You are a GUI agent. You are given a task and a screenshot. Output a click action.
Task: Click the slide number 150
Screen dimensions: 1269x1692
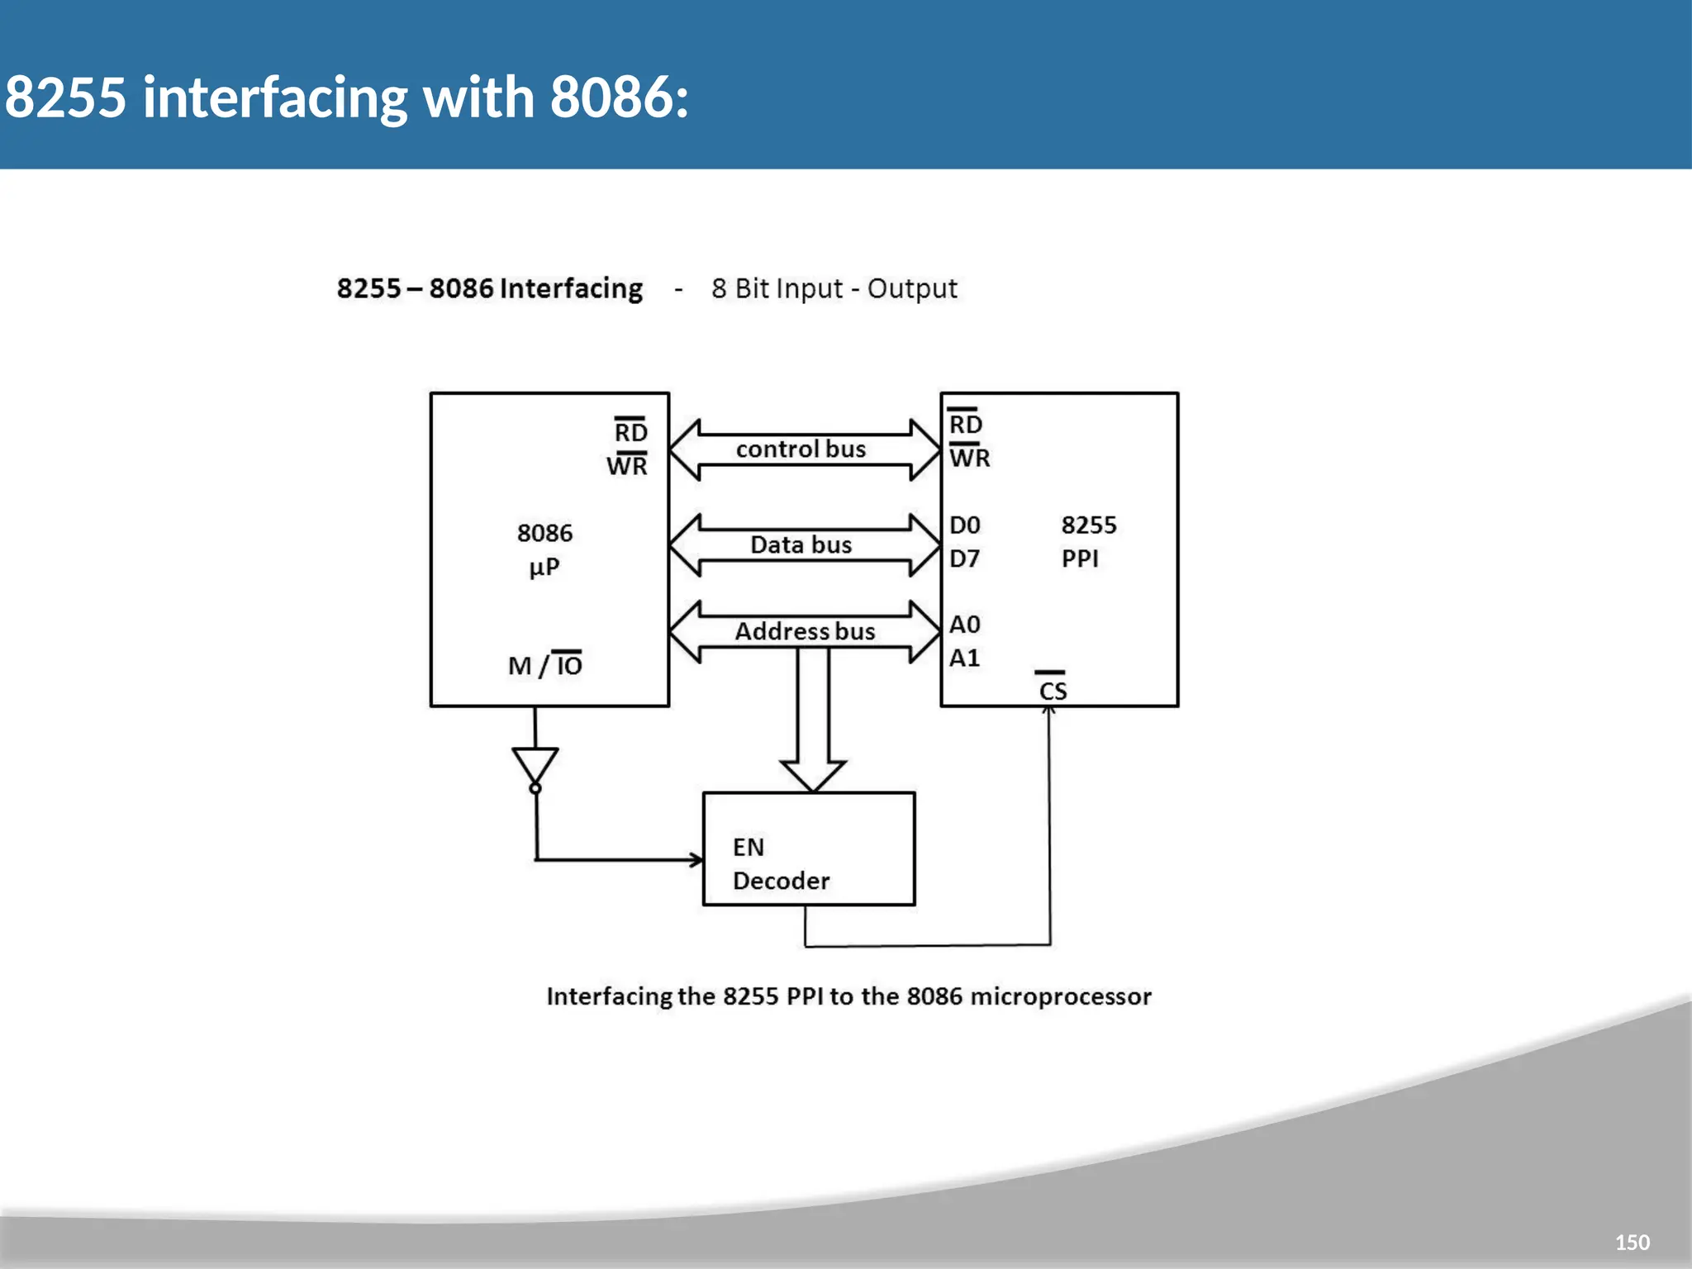pyautogui.click(x=1632, y=1242)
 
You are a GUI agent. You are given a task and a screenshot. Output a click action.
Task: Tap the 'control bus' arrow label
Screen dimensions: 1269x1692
pyautogui.click(x=801, y=449)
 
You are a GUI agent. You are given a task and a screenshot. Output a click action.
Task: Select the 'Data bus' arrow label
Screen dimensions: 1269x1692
pyautogui.click(x=801, y=545)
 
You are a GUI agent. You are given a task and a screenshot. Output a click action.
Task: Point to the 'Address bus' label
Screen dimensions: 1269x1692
pyautogui.click(x=805, y=632)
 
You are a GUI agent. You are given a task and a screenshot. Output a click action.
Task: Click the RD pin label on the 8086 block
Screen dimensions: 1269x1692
pyautogui.click(x=630, y=432)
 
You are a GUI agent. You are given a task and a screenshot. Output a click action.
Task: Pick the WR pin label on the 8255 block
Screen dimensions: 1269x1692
pyautogui.click(x=969, y=458)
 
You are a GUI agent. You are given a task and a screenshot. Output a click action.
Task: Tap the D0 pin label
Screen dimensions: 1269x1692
pyautogui.click(x=964, y=525)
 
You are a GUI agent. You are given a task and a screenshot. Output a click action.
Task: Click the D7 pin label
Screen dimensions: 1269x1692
pyautogui.click(x=964, y=559)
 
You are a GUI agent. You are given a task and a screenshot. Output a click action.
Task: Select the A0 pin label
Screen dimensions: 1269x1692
pyautogui.click(x=964, y=625)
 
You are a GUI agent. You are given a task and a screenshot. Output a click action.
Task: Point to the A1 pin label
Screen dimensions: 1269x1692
pyautogui.click(x=964, y=658)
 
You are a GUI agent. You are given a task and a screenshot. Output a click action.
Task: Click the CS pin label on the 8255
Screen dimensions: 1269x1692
pyautogui.click(x=1053, y=691)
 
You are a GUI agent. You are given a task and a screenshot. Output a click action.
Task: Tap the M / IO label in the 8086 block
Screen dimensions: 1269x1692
pyautogui.click(x=545, y=665)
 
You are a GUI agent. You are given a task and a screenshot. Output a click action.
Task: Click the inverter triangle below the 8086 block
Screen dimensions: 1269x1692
pyautogui.click(x=535, y=765)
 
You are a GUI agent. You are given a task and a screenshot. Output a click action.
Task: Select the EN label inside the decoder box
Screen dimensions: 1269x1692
pyautogui.click(x=749, y=848)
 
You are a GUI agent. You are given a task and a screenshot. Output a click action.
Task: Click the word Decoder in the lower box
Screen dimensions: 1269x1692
pyautogui.click(x=781, y=882)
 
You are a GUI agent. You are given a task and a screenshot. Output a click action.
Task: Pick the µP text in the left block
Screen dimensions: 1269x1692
pyautogui.click(x=544, y=568)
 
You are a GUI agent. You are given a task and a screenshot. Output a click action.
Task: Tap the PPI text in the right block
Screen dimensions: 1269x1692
pyautogui.click(x=1080, y=559)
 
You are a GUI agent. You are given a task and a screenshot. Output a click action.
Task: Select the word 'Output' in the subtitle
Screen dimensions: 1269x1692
pyautogui.click(x=912, y=289)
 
